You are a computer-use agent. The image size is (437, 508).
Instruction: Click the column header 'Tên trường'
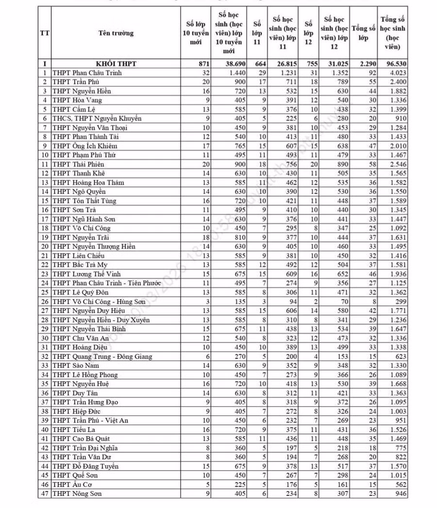point(116,34)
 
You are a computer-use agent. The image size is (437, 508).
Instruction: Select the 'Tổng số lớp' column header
point(364,34)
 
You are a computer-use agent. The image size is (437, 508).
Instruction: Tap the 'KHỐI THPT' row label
point(116,64)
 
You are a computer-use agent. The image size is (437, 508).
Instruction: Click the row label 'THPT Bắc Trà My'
point(80,265)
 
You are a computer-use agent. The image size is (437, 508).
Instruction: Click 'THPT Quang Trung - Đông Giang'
point(102,356)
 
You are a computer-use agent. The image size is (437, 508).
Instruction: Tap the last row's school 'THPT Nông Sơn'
point(77,494)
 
